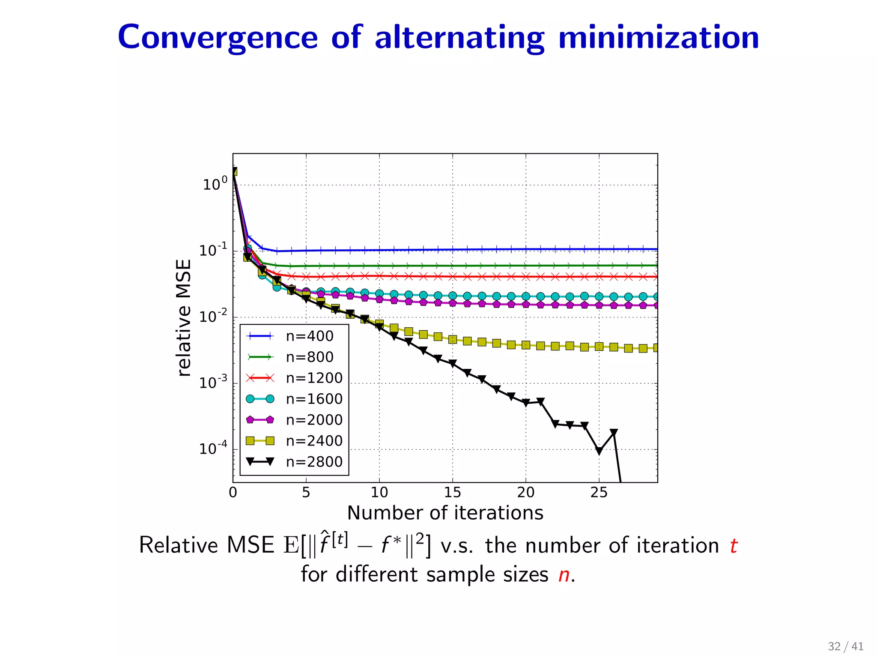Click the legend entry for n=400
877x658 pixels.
[309, 336]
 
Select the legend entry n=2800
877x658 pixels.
[314, 462]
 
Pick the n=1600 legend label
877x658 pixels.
[314, 399]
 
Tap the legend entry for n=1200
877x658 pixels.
[314, 378]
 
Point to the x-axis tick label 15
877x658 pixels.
[452, 493]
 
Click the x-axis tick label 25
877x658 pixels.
[599, 493]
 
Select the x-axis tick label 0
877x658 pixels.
[233, 493]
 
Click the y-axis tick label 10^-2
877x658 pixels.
[213, 317]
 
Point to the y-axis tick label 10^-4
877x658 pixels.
[213, 449]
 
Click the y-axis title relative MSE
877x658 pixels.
[184, 318]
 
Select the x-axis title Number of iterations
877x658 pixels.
[445, 513]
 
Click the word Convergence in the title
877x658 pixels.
[218, 38]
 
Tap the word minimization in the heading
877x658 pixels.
[659, 38]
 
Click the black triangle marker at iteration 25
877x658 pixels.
[599, 451]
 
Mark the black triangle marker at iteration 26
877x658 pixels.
[614, 433]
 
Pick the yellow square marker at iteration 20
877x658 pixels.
[526, 345]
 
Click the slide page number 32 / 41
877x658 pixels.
[845, 646]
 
